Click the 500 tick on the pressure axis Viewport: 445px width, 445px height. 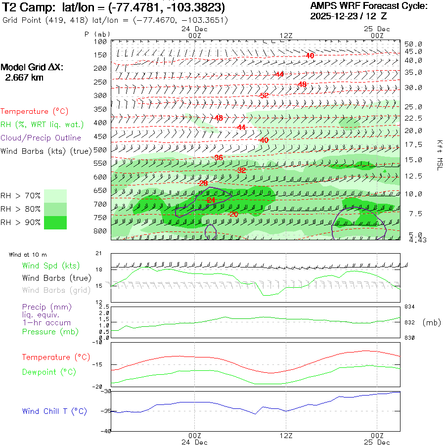(100, 149)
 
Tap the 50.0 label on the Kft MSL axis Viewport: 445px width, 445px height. (413, 44)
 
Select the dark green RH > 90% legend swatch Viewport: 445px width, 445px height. (55, 222)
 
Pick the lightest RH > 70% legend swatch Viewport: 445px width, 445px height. (55, 195)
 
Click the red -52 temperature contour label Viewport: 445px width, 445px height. (264, 95)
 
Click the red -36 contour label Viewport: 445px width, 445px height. (218, 157)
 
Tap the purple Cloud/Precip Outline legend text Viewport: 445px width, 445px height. (41, 138)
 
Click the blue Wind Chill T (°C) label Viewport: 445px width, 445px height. (54, 411)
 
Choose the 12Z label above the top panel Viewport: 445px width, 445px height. (286, 36)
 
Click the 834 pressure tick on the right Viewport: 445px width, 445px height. (410, 307)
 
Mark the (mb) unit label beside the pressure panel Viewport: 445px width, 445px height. (431, 322)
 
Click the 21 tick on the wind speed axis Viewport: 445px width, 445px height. (98, 253)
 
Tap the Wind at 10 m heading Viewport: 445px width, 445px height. (28, 255)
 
